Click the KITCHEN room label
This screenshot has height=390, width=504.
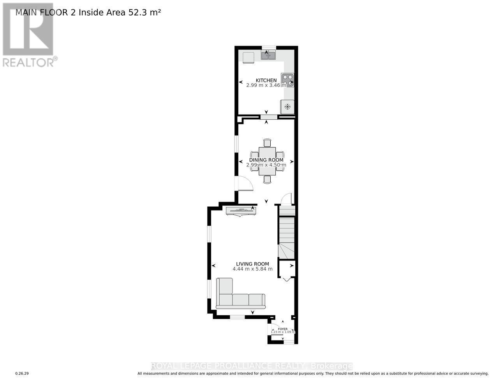(x=266, y=80)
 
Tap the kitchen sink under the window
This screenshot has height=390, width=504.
(x=268, y=56)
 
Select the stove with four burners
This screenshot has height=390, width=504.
(x=287, y=80)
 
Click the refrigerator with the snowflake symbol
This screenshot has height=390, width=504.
(x=287, y=106)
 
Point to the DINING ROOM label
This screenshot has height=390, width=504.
(x=266, y=160)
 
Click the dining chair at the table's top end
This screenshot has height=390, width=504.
(x=267, y=142)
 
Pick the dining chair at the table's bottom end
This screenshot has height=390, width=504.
(x=267, y=179)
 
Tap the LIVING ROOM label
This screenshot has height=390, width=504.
(x=252, y=264)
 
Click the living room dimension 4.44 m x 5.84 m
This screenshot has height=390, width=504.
(x=252, y=269)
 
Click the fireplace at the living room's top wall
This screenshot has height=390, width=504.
(x=241, y=211)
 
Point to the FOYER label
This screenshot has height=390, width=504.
(x=283, y=329)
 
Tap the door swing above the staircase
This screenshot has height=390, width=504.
(x=287, y=199)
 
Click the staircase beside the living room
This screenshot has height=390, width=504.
(x=287, y=234)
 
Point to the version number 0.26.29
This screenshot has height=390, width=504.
(x=22, y=374)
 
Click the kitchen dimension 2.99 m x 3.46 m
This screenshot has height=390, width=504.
(x=266, y=85)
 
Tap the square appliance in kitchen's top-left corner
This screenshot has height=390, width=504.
(x=248, y=57)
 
